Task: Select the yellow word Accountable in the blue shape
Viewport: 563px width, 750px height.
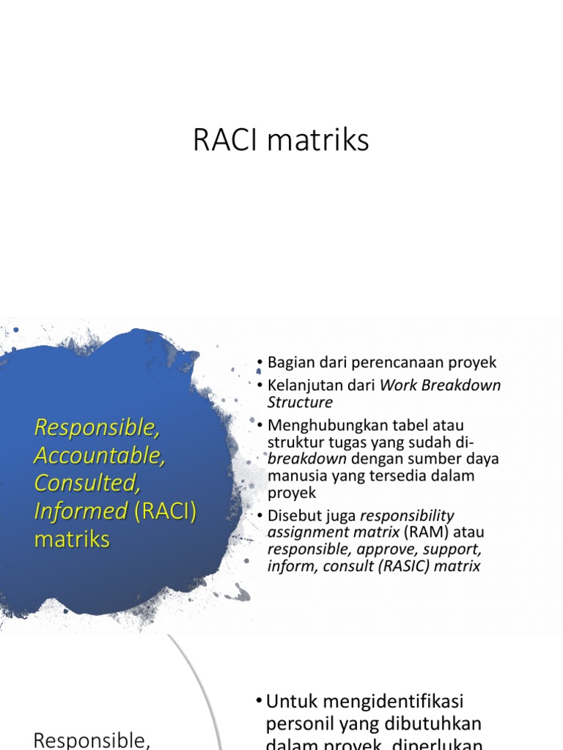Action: pyautogui.click(x=100, y=455)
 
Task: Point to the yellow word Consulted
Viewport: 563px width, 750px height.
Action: pyautogui.click(x=87, y=483)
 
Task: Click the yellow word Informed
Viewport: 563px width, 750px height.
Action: pyautogui.click(x=81, y=511)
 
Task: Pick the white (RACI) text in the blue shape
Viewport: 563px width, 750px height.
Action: pyautogui.click(x=165, y=511)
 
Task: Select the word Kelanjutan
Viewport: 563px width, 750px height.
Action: pyautogui.click(x=304, y=385)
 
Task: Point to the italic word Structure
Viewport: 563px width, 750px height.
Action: pyautogui.click(x=300, y=402)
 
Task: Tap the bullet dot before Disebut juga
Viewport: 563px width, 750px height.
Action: pyautogui.click(x=260, y=516)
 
